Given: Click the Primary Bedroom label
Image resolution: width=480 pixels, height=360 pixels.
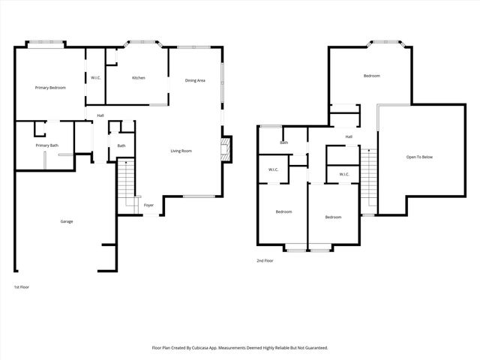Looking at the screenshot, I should [51, 88].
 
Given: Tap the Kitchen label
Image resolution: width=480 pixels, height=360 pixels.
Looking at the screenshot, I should [139, 78].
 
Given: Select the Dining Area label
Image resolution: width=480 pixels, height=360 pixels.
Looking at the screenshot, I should [195, 80].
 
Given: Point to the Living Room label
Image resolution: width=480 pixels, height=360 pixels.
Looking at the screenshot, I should [181, 151].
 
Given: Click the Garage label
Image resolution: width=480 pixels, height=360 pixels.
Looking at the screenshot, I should [67, 221].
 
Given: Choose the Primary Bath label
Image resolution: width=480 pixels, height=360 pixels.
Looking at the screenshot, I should [46, 145].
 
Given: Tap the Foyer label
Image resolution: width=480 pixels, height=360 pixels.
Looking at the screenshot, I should [148, 204].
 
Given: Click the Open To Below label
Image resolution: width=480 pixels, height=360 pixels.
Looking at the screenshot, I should [419, 157].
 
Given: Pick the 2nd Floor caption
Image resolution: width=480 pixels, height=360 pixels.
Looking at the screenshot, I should [265, 261].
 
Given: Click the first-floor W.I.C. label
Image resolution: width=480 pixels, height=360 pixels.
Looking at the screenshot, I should [96, 78].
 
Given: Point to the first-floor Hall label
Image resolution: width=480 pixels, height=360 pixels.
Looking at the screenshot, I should [100, 115].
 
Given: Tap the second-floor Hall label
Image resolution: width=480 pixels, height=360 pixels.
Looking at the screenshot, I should [349, 136].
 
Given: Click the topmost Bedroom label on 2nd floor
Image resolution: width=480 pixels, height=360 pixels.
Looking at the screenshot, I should [371, 76].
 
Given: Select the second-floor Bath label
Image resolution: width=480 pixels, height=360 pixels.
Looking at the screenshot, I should [284, 142].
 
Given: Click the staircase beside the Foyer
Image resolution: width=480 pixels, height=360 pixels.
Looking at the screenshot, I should [126, 187].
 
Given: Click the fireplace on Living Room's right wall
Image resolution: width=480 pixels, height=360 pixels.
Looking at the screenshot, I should [226, 148].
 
